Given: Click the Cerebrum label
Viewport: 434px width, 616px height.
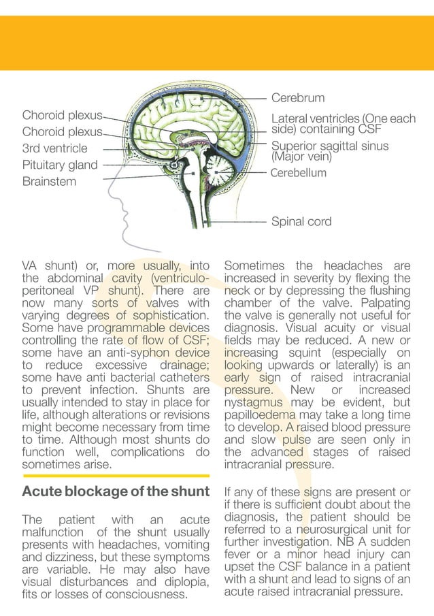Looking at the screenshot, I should click(x=298, y=98).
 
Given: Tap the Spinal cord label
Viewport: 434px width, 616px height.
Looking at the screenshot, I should click(x=301, y=222).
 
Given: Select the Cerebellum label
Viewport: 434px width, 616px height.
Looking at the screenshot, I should click(x=299, y=173).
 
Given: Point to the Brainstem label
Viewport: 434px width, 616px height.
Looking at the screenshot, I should click(x=49, y=182).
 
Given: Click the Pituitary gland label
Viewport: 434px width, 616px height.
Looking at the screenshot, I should click(x=60, y=165).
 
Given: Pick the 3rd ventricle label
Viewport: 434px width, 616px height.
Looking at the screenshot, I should click(x=54, y=148).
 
